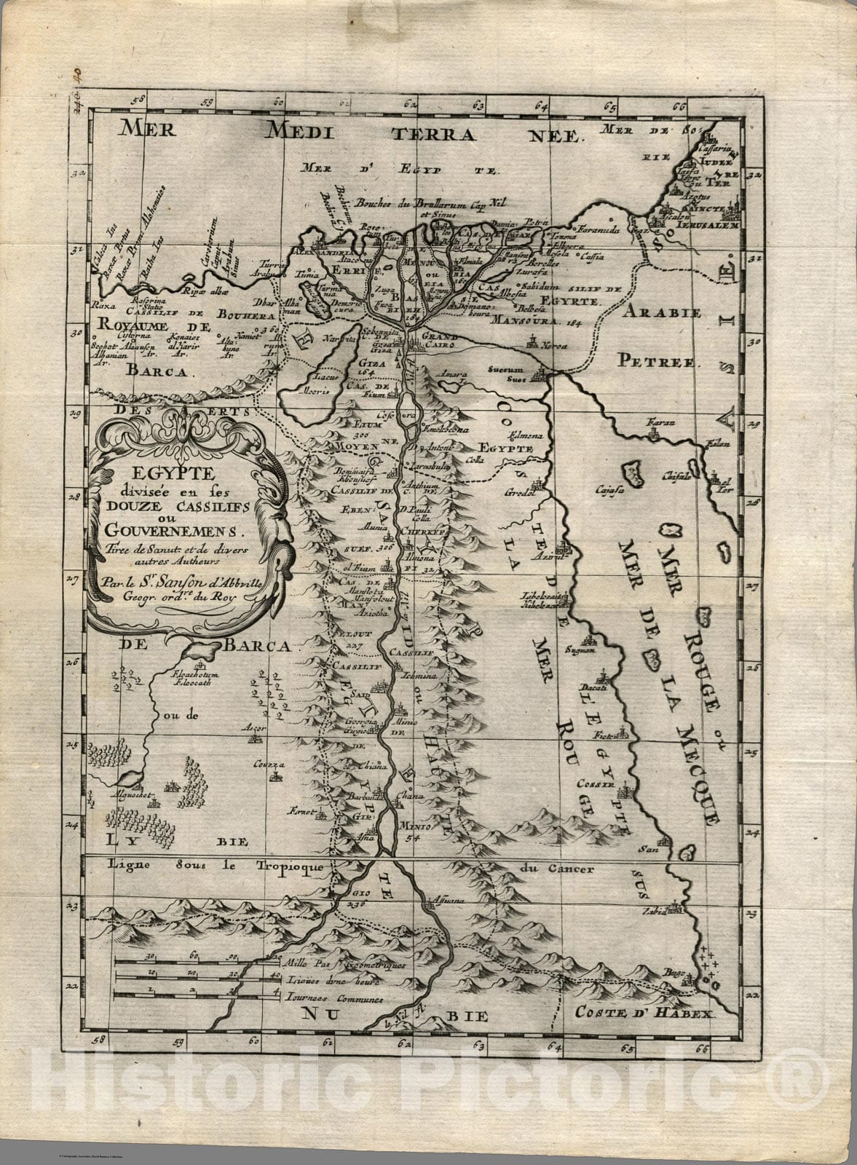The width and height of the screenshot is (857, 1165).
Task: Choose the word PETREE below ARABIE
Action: coord(659,360)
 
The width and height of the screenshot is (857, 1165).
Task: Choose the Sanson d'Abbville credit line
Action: coord(182,582)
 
